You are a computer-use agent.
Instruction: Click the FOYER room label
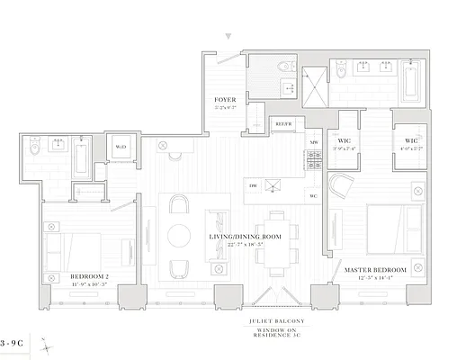224,98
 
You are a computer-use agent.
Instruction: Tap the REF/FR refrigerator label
283,121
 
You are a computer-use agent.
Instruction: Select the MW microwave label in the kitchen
314,142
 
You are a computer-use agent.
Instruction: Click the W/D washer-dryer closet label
120,148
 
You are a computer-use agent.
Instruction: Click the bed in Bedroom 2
76,245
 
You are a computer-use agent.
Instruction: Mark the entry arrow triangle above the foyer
230,37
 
